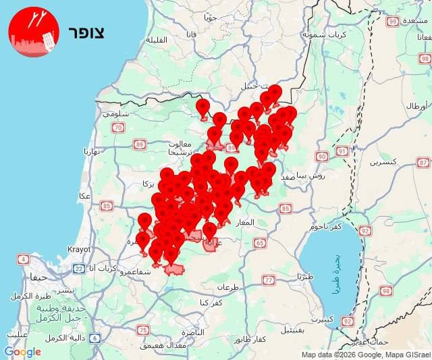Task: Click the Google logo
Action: point(22,352)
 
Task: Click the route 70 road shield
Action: point(119,127)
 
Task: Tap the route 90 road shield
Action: point(321,157)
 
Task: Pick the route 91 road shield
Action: point(342,151)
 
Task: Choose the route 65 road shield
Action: point(260,242)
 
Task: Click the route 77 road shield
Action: point(269,280)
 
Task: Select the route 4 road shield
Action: point(24,259)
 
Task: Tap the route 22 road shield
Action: point(78,269)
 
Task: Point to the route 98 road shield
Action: point(386,290)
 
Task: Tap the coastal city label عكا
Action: point(85,196)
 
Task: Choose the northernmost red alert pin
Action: point(275,92)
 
